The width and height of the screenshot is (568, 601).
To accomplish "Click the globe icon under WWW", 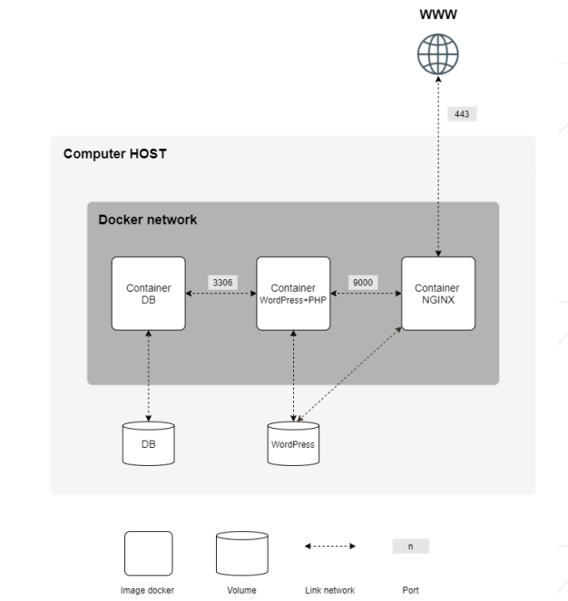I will [437, 54].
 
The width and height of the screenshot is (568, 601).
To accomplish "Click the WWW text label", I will [437, 15].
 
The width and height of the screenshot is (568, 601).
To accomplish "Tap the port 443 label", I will [461, 115].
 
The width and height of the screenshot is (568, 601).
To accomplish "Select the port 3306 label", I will [222, 283].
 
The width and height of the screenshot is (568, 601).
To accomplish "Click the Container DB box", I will [148, 294].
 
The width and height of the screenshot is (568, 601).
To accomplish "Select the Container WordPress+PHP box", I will [293, 294].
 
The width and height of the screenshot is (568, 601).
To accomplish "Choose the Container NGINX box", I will [437, 294].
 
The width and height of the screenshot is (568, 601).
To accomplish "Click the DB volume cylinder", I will [148, 443].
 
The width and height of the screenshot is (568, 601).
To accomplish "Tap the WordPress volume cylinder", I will [293, 443].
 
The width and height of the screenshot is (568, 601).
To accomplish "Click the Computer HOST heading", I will [114, 154].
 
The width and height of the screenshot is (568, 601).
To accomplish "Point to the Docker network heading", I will [147, 219].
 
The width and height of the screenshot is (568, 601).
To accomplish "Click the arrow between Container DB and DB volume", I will [148, 375].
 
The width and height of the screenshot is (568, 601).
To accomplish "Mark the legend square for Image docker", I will [148, 553].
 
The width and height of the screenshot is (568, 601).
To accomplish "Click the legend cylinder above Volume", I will [241, 553].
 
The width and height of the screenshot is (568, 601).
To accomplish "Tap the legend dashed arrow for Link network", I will [329, 547].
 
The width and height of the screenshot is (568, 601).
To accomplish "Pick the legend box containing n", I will [410, 547].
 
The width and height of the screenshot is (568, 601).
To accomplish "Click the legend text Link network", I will [329, 590].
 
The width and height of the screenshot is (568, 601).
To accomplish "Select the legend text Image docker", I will [148, 590].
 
